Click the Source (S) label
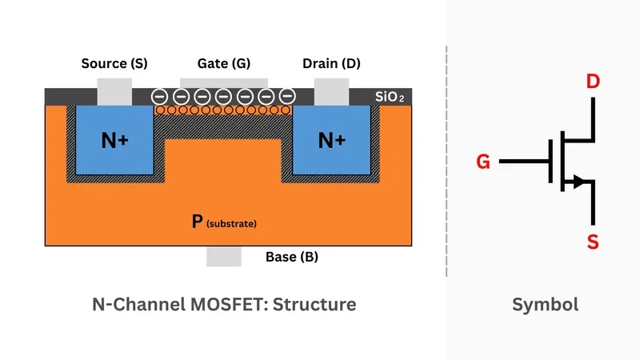point(114,63)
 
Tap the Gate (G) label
point(223,63)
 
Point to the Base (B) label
point(292,258)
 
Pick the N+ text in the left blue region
point(114,141)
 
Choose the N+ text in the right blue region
point(332,141)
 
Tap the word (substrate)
point(231,224)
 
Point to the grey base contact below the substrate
point(223,256)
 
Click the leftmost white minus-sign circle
point(160,96)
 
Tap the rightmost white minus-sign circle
point(288,96)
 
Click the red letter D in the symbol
point(593,82)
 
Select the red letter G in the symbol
point(482,162)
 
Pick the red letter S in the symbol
point(593,242)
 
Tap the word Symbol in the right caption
point(545,304)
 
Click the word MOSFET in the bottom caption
point(201,304)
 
